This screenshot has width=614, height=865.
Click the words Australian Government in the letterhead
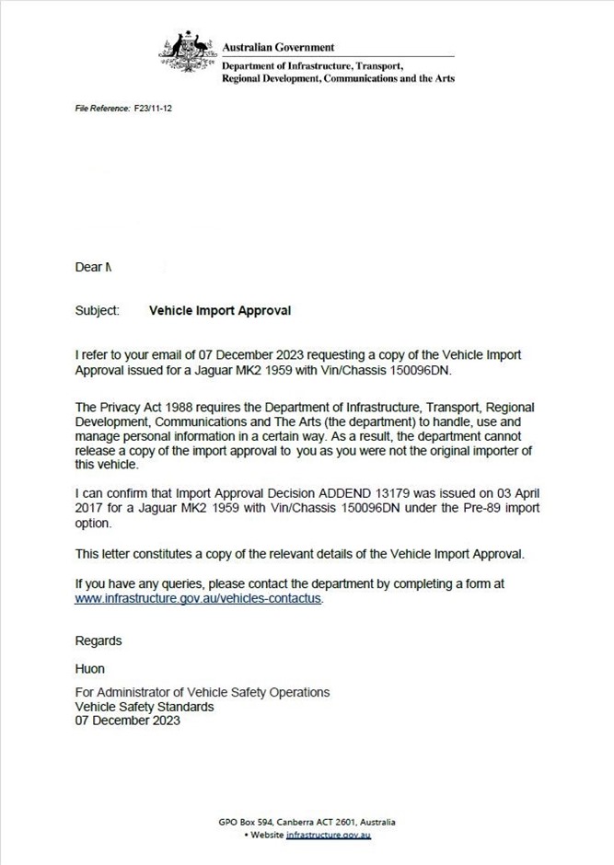point(279,48)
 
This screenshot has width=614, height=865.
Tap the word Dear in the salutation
point(88,268)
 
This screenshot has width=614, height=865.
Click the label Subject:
point(98,311)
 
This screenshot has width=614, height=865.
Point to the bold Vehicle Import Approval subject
point(220,311)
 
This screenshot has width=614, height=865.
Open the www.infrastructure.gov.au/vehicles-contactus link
point(199,597)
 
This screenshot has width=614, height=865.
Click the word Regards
point(98,640)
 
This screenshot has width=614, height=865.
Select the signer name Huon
point(90,669)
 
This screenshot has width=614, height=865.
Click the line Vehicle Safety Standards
point(145,707)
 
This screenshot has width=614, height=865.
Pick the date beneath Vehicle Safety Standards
point(128,721)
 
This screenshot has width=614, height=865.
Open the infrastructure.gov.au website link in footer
point(329,835)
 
